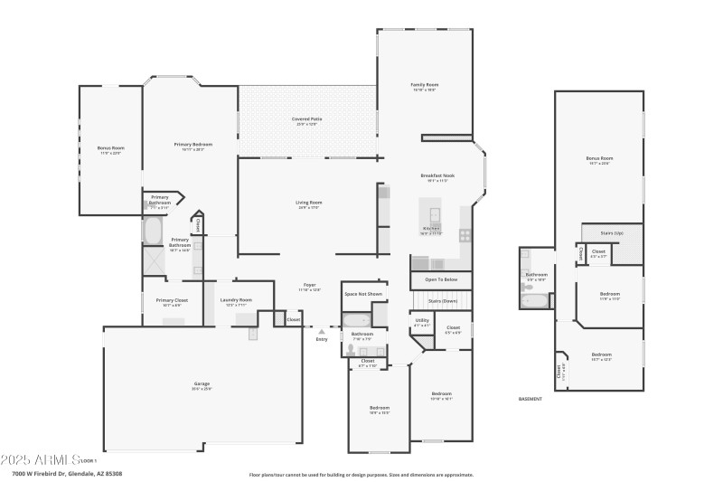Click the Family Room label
[x=424, y=85]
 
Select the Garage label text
[x=201, y=384]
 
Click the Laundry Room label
[x=235, y=300]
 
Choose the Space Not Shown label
[x=362, y=294]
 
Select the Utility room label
[x=422, y=320]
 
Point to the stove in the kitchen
[x=465, y=235]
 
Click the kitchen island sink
[x=435, y=215]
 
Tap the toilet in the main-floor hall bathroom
[x=351, y=349]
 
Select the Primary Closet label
[x=172, y=300]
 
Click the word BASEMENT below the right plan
[x=531, y=399]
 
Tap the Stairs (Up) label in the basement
[x=614, y=232]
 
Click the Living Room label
[x=308, y=203]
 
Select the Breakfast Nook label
[x=437, y=175]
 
